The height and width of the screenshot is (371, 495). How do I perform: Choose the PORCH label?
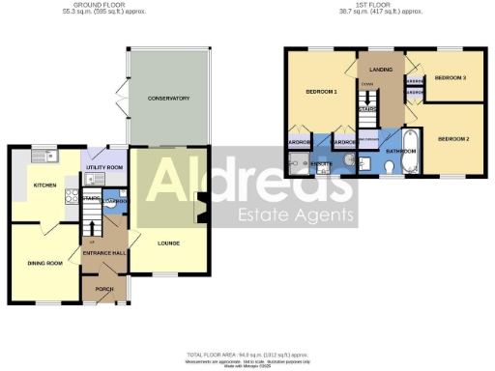pos(103,289)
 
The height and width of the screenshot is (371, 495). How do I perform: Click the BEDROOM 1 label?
pos(321,91)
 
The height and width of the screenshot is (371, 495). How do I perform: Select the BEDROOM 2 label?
pos(452,138)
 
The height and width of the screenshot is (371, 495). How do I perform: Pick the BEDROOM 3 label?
pos(450,77)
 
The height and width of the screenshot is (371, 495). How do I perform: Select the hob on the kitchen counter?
pos(70,199)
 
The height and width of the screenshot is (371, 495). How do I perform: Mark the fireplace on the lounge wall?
pos(202,209)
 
